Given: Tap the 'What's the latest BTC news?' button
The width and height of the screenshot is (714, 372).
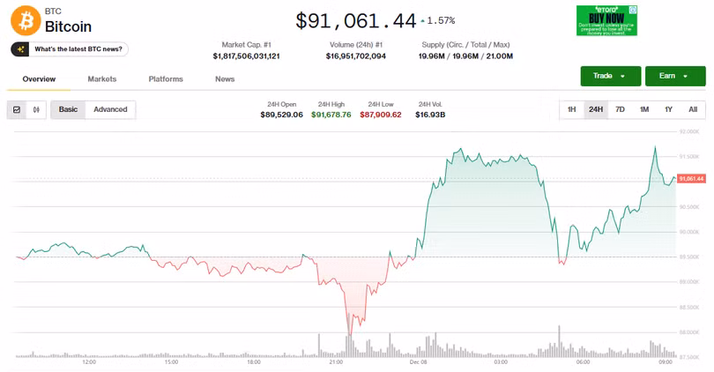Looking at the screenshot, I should tap(70, 49).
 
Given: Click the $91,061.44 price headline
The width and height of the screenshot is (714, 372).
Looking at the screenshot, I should tap(355, 19).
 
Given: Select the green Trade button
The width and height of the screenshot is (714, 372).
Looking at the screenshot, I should tap(610, 76).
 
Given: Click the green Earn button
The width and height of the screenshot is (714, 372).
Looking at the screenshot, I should tap(675, 76).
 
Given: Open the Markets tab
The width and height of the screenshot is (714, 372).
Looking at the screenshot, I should tap(102, 79).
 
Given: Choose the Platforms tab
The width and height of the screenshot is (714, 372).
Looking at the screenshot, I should tap(166, 79).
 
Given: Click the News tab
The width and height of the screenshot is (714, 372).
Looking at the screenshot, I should tap(225, 79).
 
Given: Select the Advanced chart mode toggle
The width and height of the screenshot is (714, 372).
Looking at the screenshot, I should tap(110, 109).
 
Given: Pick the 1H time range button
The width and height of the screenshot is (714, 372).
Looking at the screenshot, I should tap(572, 109).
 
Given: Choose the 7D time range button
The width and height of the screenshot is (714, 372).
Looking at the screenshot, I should tap(620, 109).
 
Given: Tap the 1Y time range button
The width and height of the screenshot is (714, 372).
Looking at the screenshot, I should tap(668, 109).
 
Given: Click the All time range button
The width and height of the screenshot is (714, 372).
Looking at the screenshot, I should tap(693, 109).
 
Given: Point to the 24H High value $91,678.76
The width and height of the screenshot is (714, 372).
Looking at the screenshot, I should tap(331, 115).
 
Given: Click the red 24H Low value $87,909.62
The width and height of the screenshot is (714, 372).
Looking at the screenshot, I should tap(381, 115).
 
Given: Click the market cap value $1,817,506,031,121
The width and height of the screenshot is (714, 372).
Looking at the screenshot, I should tap(246, 56).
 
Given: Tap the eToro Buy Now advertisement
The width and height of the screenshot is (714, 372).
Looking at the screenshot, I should tap(606, 20).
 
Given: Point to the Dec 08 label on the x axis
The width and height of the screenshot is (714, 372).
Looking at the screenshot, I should tap(419, 361).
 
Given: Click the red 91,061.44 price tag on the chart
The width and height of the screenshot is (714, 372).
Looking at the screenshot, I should tap(691, 179).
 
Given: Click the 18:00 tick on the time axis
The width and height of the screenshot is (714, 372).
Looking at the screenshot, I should tap(254, 361).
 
